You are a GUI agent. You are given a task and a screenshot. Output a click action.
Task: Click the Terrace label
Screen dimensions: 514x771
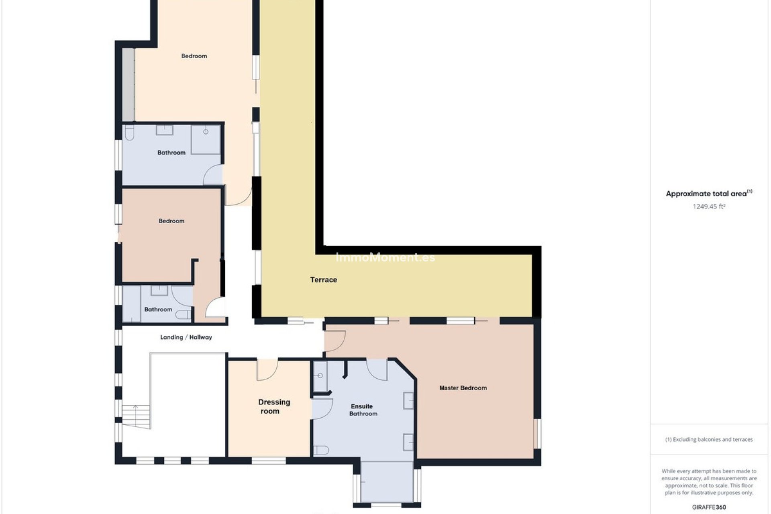click(323, 280)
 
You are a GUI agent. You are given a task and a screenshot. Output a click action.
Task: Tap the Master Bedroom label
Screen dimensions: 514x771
click(463, 388)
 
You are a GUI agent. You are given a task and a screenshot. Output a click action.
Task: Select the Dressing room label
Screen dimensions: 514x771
click(274, 406)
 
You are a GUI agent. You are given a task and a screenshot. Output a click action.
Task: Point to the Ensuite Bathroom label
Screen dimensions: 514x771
click(363, 410)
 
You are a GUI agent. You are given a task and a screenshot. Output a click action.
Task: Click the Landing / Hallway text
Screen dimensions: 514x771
click(186, 337)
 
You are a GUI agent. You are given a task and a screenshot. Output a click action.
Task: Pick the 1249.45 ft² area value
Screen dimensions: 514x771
click(709, 206)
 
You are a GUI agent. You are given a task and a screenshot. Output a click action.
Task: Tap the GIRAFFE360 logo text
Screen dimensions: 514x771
click(709, 507)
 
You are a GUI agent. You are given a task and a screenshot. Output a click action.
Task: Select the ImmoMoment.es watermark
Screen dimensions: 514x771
click(385, 257)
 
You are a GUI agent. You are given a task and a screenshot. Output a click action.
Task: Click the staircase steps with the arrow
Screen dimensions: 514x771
click(136, 417)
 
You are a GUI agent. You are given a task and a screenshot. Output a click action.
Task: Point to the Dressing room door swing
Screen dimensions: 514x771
click(267, 370)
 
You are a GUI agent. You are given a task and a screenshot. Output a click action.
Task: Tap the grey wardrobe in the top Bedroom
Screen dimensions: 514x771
click(128, 84)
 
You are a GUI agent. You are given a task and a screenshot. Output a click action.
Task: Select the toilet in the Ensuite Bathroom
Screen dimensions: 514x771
click(321, 450)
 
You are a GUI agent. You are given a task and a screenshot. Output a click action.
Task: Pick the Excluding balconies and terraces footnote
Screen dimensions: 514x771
click(709, 439)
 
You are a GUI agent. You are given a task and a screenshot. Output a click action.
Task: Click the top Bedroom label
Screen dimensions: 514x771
click(194, 56)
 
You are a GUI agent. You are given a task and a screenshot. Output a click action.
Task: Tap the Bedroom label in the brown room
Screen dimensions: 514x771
click(171, 221)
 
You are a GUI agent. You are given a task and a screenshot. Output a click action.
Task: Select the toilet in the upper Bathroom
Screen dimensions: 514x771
click(129, 133)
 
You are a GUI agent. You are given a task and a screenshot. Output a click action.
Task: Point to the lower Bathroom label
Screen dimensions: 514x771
click(158, 310)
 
